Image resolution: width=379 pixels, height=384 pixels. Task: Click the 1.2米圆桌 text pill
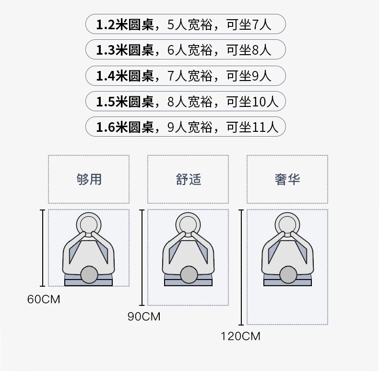(186, 24)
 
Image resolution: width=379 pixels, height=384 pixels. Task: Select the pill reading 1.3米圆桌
(186, 49)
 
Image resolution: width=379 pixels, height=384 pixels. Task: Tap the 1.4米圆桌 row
(186, 75)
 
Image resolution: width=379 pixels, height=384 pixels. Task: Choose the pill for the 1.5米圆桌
(186, 101)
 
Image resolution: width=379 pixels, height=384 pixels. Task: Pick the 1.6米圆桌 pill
(186, 127)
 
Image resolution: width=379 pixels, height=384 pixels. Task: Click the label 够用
(89, 179)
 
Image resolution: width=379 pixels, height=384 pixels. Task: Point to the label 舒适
(189, 179)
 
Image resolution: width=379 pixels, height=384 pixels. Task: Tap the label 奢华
(287, 179)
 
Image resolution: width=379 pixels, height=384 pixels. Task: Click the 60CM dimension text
(44, 299)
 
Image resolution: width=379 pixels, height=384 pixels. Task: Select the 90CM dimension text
(144, 316)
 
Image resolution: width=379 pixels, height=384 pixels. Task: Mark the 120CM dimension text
(240, 336)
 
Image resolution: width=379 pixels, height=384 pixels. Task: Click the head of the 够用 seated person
(89, 275)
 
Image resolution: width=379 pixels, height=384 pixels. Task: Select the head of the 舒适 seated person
(189, 275)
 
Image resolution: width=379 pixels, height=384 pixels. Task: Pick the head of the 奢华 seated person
(288, 275)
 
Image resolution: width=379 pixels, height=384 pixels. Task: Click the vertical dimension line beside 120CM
(241, 268)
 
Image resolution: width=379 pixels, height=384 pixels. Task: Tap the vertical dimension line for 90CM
(142, 257)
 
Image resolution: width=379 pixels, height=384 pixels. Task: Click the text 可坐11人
(252, 127)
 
